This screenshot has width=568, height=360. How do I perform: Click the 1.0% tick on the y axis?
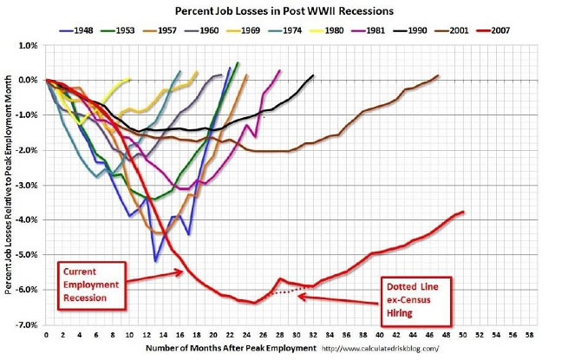tap(27, 44)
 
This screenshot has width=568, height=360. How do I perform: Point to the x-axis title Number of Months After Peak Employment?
tap(219, 349)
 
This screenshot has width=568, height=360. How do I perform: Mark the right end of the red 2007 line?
tap(464, 212)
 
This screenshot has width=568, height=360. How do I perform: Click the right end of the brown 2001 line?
tap(439, 75)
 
